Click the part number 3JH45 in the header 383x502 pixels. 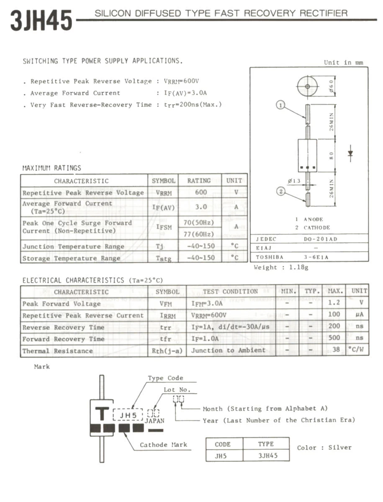tap(41, 20)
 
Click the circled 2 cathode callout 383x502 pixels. tap(281, 192)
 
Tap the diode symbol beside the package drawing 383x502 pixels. tap(350, 154)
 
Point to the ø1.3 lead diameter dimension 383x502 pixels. tap(294, 181)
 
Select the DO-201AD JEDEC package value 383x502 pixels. tap(320, 239)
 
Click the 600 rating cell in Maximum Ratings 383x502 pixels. tap(200, 192)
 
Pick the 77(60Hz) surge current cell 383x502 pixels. tap(199, 234)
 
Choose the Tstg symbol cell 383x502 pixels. tap(164, 258)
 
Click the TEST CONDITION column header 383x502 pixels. tap(230, 292)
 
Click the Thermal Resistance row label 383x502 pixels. tap(58, 351)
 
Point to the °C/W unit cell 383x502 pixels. tap(358, 350)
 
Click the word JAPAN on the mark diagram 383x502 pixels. tap(154, 421)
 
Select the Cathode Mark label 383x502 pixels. tap(163, 445)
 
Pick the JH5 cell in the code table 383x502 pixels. tap(221, 456)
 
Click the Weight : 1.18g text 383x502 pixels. tap(281, 268)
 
